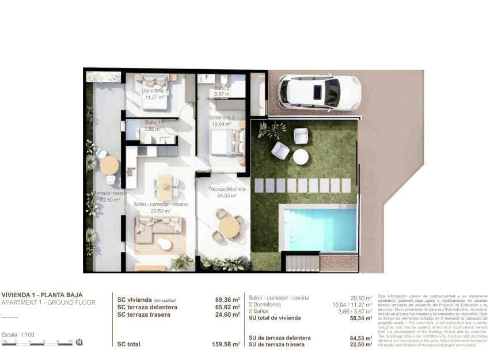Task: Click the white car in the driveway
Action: (319, 93)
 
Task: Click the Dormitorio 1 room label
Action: (154, 94)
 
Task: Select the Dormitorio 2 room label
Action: (221, 120)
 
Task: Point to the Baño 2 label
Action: (222, 91)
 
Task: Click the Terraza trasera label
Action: (109, 196)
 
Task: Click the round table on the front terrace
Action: (229, 226)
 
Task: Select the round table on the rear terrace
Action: (109, 165)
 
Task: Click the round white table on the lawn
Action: (301, 156)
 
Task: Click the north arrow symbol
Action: (79, 342)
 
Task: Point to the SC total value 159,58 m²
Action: (226, 344)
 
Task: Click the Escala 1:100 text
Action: (18, 334)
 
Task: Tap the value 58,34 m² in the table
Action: (360, 318)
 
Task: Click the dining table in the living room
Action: (165, 185)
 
